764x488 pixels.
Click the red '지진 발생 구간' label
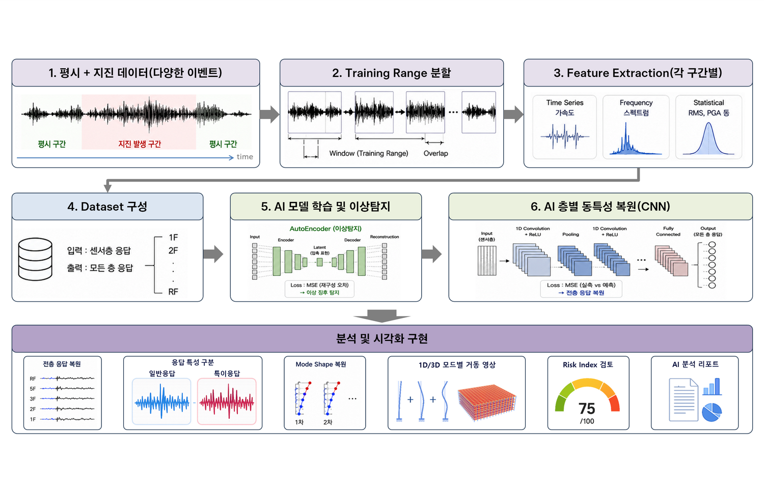coord(140,144)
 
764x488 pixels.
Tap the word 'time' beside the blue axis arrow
coord(245,157)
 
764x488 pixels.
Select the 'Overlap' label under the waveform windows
coord(435,153)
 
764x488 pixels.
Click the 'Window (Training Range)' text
coord(369,153)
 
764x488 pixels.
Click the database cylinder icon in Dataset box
coord(35,259)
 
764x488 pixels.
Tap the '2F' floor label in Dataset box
coord(173,251)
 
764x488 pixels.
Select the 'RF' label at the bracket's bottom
coord(173,292)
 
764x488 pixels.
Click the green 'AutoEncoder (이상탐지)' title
coord(325,228)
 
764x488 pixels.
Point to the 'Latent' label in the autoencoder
coord(319,247)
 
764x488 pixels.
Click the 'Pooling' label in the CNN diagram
coord(570,235)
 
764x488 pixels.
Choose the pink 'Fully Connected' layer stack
coord(671,261)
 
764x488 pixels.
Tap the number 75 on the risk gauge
coord(587,408)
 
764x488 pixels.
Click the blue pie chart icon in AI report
coord(712,412)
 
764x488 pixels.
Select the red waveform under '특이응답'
coord(227,401)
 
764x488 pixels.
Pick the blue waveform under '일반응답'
coord(161,401)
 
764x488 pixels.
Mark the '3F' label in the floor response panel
coord(33,399)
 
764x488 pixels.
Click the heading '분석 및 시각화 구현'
coord(381,339)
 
